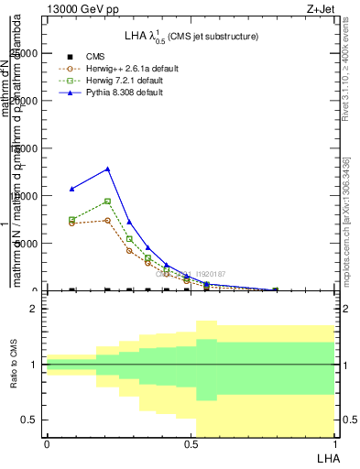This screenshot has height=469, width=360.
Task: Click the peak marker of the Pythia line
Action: click(108, 169)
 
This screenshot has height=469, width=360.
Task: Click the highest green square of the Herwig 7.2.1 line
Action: click(108, 202)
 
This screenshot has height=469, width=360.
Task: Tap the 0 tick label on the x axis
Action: click(47, 444)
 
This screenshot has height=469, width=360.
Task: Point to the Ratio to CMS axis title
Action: click(15, 365)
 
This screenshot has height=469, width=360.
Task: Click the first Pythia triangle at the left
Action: click(72, 189)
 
